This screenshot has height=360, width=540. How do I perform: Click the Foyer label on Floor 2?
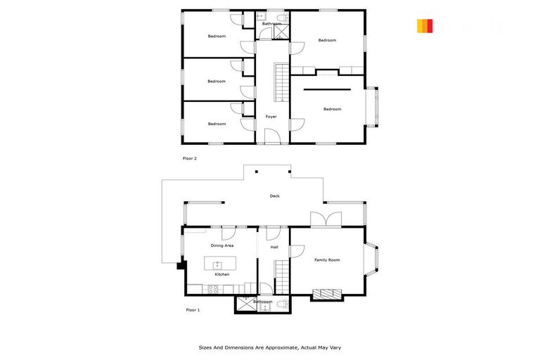click(271, 117)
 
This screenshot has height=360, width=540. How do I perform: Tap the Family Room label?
click(328, 260)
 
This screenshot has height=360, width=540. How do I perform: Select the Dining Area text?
click(222, 245)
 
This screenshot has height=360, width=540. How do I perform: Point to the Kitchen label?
click(222, 274)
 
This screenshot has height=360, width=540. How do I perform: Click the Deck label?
click(274, 196)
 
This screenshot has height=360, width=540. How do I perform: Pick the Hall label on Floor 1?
click(274, 247)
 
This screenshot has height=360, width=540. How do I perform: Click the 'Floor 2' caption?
click(190, 159)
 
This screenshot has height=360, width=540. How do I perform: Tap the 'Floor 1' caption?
click(193, 310)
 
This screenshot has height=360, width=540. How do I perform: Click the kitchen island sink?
click(218, 264)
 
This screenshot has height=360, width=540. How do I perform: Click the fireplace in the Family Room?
click(326, 294)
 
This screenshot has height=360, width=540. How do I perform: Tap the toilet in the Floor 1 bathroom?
click(282, 304)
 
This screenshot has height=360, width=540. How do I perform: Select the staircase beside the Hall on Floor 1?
click(281, 276)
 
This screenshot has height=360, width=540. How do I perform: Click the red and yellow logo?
click(424, 26)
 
